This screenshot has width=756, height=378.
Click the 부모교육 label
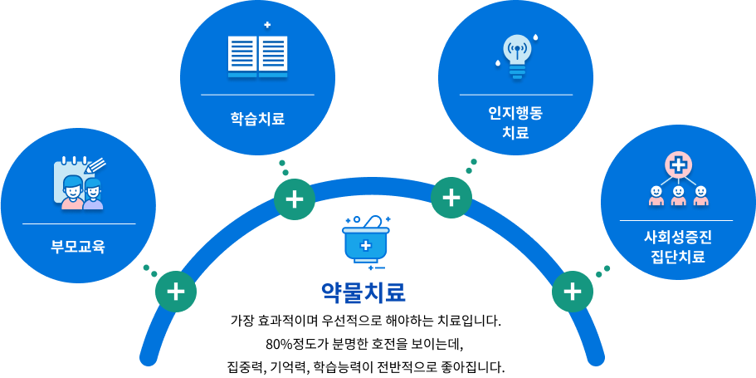[x=78, y=247]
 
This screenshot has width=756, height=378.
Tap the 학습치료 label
[x=257, y=118]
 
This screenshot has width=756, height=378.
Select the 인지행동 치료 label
[x=515, y=123]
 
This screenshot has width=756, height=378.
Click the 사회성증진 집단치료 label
[x=677, y=247]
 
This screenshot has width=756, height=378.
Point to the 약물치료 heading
[x=363, y=292]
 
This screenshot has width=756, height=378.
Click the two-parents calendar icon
[x=79, y=183]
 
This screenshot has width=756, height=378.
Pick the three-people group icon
[x=678, y=179]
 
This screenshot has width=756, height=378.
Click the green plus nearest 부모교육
[x=176, y=292]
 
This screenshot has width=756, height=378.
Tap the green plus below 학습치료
[x=295, y=199]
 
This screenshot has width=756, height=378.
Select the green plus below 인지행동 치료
[x=451, y=198]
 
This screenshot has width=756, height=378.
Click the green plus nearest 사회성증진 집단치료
[x=573, y=292]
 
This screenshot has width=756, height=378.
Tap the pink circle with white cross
[x=678, y=165]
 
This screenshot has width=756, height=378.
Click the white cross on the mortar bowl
[x=366, y=246]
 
